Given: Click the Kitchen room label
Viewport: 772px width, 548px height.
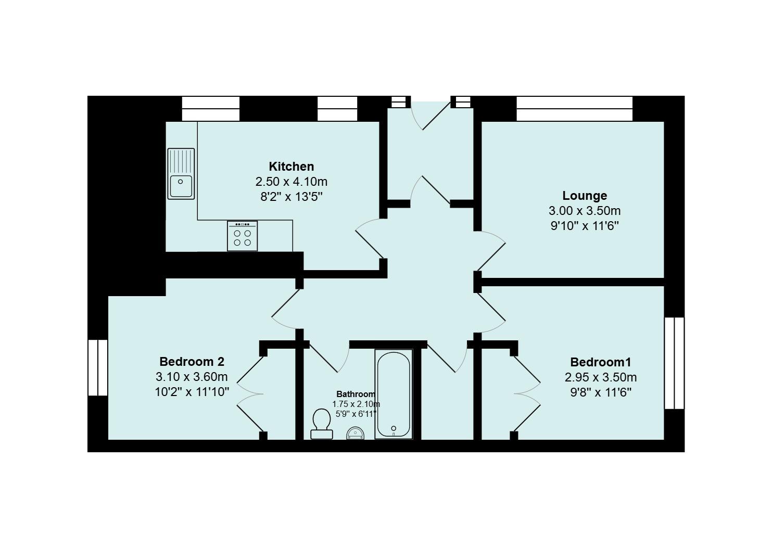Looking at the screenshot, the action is click(291, 167).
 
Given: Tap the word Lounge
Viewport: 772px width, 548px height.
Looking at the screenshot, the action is click(585, 196).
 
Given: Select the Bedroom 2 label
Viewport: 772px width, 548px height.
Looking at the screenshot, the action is click(192, 362).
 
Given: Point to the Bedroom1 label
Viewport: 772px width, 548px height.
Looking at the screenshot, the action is click(600, 362).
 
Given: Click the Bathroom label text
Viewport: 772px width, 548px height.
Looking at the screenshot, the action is click(356, 394).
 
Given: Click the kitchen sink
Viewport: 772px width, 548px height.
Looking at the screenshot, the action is click(181, 174).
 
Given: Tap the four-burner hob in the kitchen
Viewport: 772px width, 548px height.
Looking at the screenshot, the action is click(242, 236).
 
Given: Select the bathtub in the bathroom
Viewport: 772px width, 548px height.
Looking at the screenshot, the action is click(394, 394).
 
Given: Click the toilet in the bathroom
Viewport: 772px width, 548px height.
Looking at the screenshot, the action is click(322, 424).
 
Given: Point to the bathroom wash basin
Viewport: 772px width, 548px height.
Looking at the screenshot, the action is click(356, 433).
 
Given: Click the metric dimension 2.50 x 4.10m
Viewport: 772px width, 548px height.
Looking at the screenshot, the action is click(291, 182).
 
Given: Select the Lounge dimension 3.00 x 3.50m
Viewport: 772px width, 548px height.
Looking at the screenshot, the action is click(585, 210).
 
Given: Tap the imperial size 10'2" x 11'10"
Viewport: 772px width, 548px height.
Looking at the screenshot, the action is click(192, 392).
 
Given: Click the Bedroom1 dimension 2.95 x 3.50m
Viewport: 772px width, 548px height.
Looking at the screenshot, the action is click(600, 377).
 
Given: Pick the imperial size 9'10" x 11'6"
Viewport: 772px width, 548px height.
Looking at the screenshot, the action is click(585, 226).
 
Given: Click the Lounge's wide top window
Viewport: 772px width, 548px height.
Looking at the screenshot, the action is click(574, 108).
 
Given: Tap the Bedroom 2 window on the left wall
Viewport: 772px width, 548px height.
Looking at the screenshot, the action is click(98, 367).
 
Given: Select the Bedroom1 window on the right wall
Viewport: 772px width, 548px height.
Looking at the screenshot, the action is click(674, 363).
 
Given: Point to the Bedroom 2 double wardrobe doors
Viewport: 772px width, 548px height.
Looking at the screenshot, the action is click(250, 393).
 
